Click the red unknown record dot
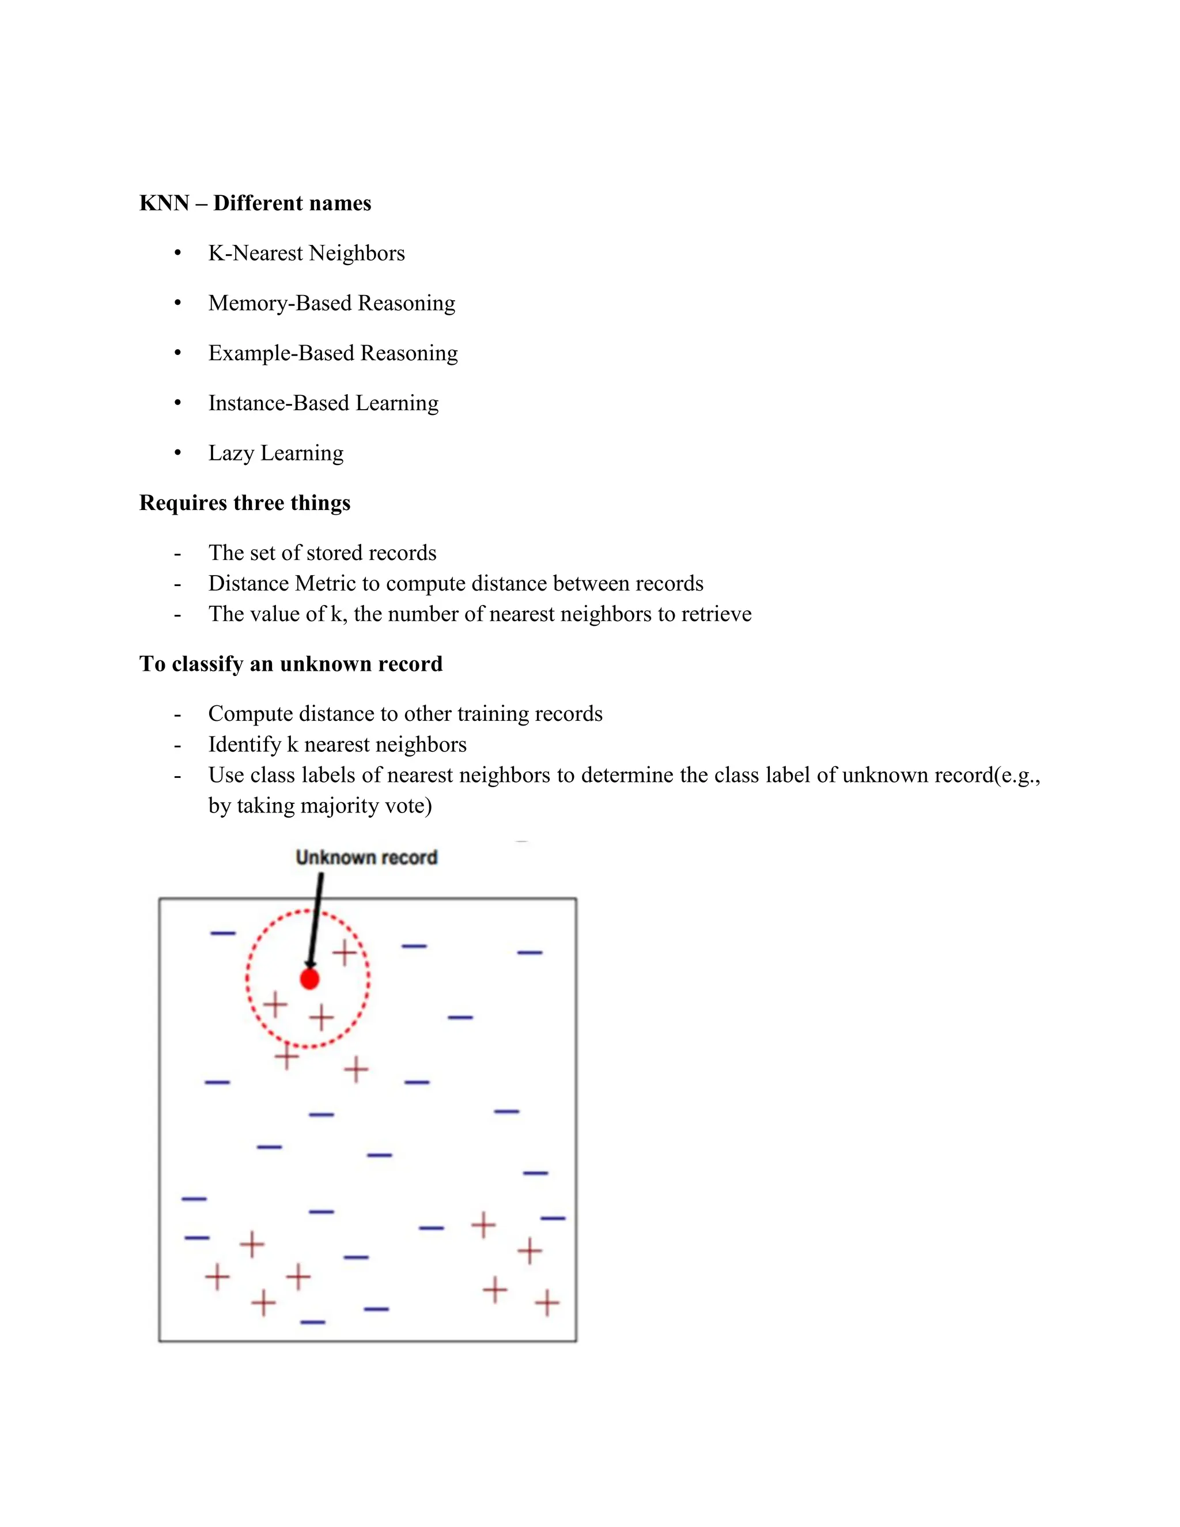309,979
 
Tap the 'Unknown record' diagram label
366,857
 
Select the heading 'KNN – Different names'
255,203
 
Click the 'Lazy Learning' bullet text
275,453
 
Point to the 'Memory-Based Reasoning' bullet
331,303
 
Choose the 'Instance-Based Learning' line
323,403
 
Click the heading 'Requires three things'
245,502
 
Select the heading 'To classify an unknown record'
291,663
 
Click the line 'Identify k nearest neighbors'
337,744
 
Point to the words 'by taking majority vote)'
320,806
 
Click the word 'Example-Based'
281,353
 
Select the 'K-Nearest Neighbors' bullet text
306,253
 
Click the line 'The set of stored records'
322,553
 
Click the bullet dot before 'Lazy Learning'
177,453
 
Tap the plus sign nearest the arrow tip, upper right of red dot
343,953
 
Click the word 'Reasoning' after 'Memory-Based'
406,303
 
